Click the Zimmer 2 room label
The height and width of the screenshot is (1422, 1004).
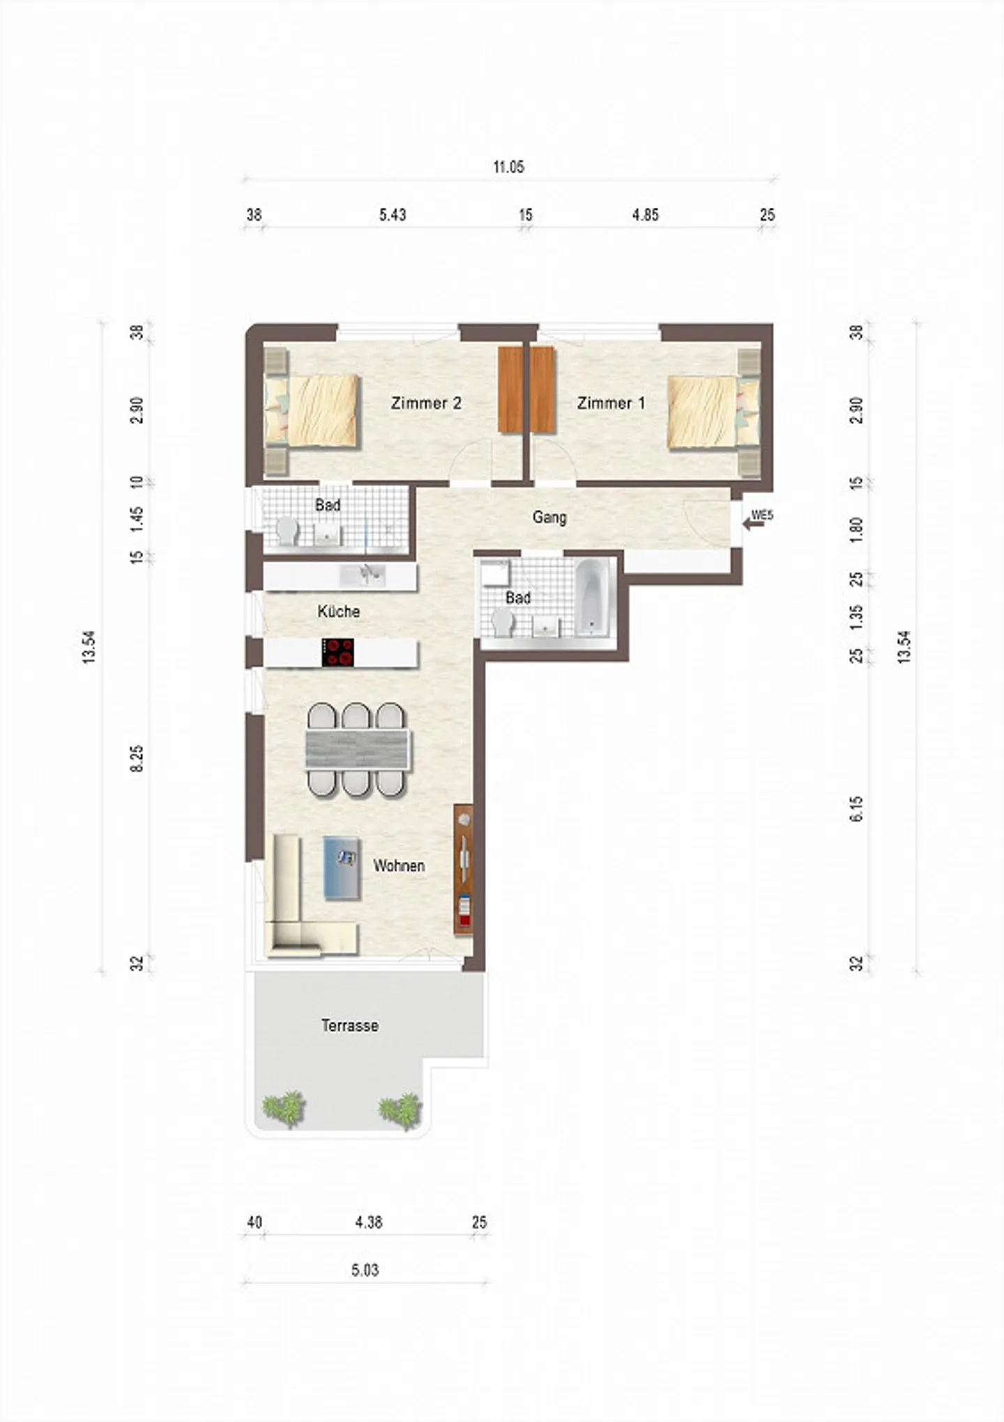point(426,403)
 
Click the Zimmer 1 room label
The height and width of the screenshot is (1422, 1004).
point(611,403)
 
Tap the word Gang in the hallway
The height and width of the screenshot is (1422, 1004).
point(549,517)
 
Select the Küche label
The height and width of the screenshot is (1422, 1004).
point(339,612)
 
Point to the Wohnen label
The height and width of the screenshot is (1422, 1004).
point(399,865)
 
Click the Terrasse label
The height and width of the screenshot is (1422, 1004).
point(350,1026)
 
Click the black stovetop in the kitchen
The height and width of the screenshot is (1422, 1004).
point(337,653)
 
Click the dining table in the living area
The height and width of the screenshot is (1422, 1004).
point(357,750)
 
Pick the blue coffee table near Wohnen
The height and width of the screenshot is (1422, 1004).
point(342,868)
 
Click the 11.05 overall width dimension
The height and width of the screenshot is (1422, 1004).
point(508,167)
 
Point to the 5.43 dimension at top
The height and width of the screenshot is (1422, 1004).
point(393,215)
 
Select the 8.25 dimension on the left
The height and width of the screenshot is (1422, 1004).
point(137,758)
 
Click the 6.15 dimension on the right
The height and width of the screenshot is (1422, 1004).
point(856,809)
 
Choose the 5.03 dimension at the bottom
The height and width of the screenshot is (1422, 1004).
point(365,1270)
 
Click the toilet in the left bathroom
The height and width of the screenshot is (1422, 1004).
point(287,531)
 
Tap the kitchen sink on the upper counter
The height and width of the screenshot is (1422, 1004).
point(362,575)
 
